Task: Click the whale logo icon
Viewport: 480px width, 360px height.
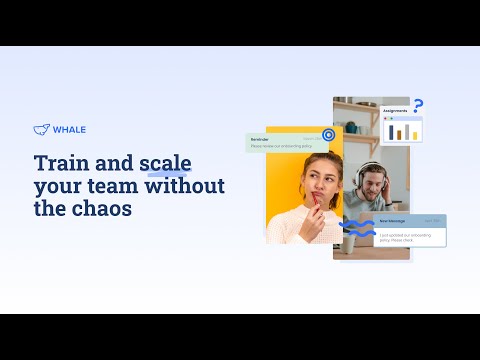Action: pyautogui.click(x=41, y=128)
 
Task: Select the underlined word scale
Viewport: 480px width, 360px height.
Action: pyautogui.click(x=165, y=162)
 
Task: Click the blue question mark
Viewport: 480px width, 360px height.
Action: pyautogui.click(x=418, y=105)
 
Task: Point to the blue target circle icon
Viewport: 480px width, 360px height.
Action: pyautogui.click(x=328, y=135)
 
